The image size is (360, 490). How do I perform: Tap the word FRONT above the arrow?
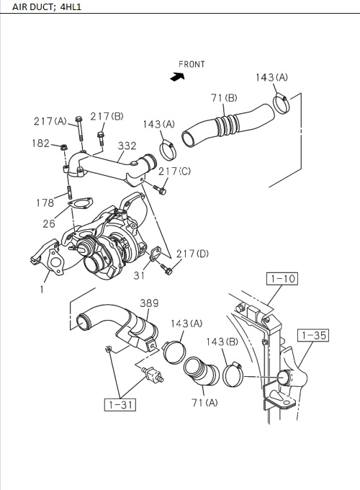coord(192,64)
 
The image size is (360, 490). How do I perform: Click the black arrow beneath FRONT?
coord(174,77)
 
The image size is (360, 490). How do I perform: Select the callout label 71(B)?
coord(225,97)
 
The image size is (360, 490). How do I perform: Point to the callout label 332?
coord(127,146)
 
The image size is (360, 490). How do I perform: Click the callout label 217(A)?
coord(50,121)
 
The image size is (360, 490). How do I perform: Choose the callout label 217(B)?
coord(107,117)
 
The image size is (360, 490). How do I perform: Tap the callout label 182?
coord(40,143)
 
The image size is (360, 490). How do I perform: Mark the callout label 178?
coord(45,203)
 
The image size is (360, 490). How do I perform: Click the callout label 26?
coord(48,224)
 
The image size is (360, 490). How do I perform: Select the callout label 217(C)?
coord(175,171)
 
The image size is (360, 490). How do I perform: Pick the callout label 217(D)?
coord(193,254)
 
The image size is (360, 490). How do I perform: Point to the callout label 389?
coord(149,303)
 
